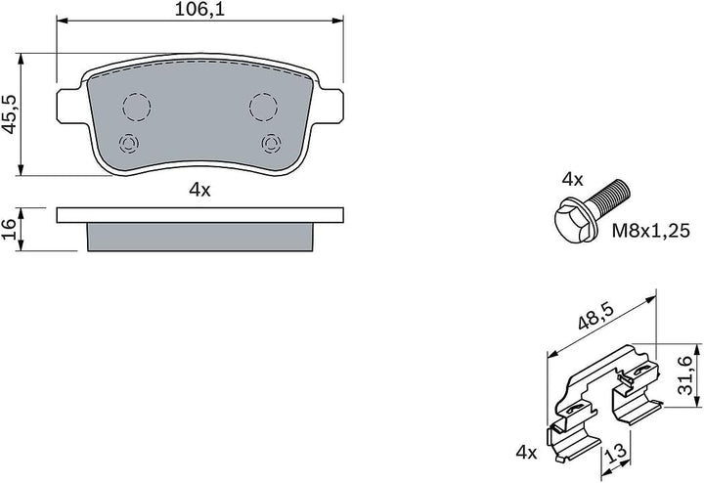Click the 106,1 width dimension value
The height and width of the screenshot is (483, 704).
[198, 10]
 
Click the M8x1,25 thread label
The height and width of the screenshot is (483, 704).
[650, 231]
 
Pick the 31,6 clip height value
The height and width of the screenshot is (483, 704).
[685, 375]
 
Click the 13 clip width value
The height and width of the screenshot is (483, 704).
[616, 453]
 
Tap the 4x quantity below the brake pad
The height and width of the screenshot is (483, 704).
[199, 191]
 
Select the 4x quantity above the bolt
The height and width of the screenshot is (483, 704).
[572, 180]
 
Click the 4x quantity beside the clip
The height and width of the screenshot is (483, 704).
[526, 452]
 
